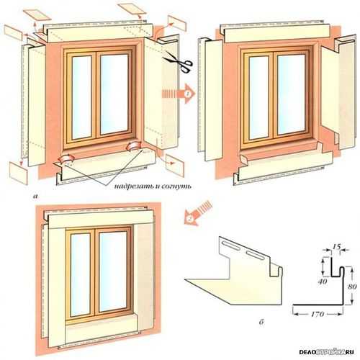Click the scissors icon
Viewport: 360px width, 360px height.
(x=179, y=63)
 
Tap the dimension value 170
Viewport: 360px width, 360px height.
(x=318, y=314)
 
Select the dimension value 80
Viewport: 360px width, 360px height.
(x=352, y=287)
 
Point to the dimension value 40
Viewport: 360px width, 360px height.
(x=323, y=281)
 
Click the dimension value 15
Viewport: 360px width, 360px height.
(x=337, y=246)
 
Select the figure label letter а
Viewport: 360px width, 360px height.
(x=36, y=197)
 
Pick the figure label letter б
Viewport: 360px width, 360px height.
(x=261, y=322)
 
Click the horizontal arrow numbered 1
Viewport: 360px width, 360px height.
(x=179, y=94)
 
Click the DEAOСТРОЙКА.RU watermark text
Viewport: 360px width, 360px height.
(x=326, y=352)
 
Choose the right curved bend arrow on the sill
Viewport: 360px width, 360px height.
(x=135, y=146)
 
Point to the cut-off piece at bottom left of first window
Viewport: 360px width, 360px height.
(x=19, y=173)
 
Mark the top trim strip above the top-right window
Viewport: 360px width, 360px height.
(x=276, y=33)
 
